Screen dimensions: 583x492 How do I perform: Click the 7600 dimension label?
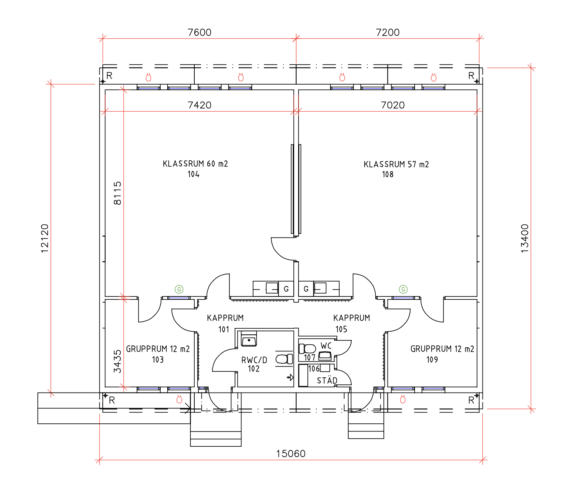point(200,32)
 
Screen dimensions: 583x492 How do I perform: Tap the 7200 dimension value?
point(388,32)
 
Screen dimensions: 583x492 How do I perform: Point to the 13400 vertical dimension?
point(525,238)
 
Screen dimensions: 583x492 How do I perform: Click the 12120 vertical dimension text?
point(45,238)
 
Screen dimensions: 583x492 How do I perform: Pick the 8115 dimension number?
point(118,193)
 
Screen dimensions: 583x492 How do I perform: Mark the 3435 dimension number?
point(118,361)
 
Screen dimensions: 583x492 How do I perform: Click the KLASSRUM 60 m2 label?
point(195,164)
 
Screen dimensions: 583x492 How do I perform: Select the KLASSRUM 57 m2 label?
point(396,164)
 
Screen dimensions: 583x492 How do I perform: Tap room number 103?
point(158,360)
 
